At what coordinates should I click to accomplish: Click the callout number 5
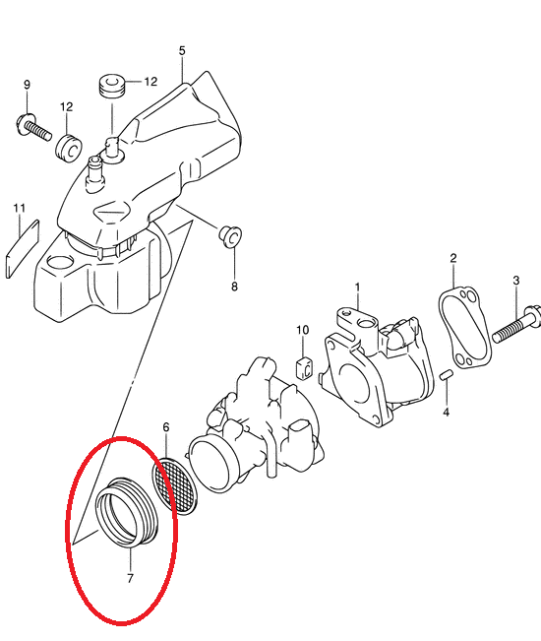[182, 50]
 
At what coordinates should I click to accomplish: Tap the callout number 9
[27, 85]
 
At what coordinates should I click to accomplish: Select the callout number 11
[20, 208]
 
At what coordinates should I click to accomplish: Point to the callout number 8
[234, 287]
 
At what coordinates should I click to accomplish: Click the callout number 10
[303, 330]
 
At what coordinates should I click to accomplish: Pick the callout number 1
[357, 288]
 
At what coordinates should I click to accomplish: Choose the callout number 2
[453, 258]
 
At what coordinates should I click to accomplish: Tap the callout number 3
[516, 281]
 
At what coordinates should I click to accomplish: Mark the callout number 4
[446, 412]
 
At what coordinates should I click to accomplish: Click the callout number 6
[166, 427]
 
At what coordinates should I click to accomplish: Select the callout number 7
[130, 579]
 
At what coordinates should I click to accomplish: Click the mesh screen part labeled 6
[175, 486]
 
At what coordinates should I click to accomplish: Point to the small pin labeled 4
[446, 375]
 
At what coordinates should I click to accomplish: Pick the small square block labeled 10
[304, 367]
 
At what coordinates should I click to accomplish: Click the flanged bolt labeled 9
[33, 128]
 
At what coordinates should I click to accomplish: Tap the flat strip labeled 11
[23, 249]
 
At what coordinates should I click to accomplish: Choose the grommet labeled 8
[230, 236]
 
